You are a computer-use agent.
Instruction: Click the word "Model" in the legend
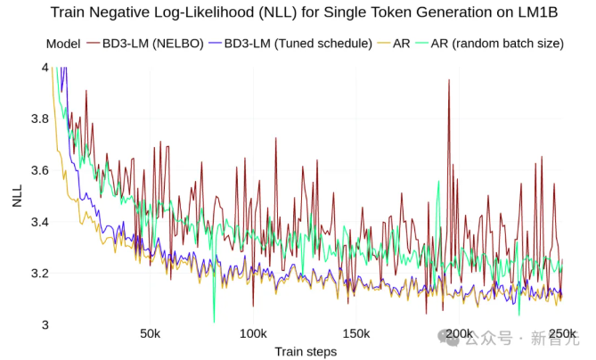63,44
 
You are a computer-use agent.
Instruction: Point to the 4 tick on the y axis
44,67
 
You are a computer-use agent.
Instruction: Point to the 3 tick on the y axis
44,324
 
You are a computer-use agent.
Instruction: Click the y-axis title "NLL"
17,196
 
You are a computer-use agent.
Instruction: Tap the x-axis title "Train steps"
305,352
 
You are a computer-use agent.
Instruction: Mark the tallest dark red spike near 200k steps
448,80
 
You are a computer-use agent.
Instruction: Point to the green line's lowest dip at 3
214,322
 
